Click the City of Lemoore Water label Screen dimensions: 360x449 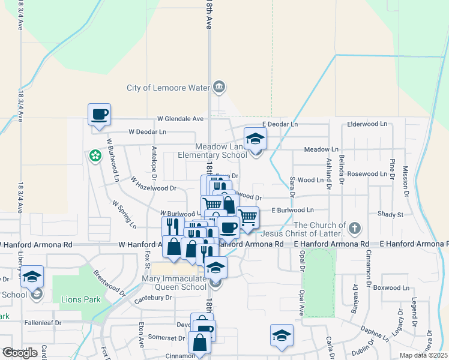167,88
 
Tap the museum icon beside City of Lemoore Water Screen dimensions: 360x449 219,88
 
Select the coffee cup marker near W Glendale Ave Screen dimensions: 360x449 100,113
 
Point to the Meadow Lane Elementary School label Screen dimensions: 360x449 212,151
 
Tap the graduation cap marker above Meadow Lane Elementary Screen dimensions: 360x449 255,139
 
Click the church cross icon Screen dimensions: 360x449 355,228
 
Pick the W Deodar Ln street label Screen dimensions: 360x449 147,131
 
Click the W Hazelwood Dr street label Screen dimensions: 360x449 153,188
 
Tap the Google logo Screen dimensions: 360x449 20,353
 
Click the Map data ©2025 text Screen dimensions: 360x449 423,355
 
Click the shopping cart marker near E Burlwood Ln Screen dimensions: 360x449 247,217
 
